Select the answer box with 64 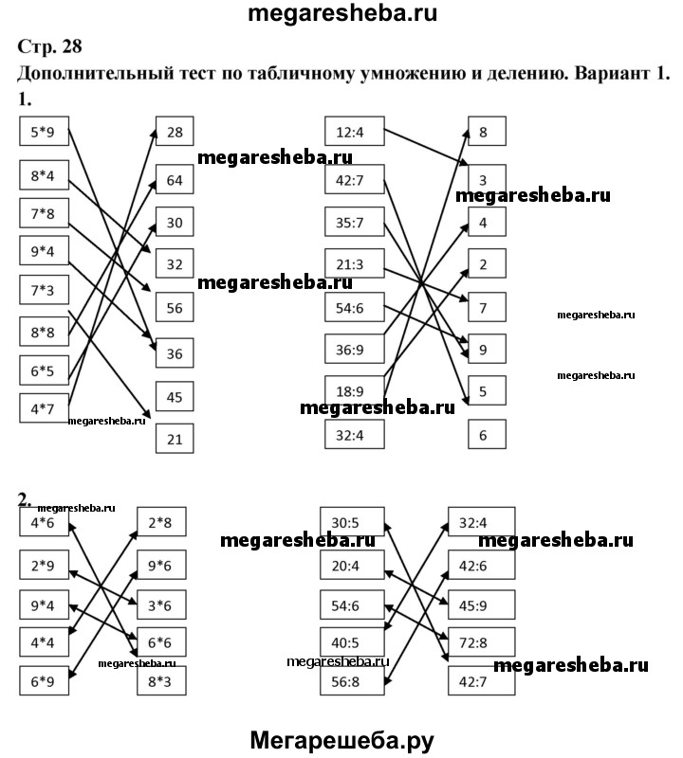tap(174, 178)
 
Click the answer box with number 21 tap(174, 438)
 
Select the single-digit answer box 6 tap(485, 435)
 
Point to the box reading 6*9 tap(44, 680)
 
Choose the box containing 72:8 tap(481, 641)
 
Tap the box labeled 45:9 tap(481, 603)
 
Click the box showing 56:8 tap(353, 680)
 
